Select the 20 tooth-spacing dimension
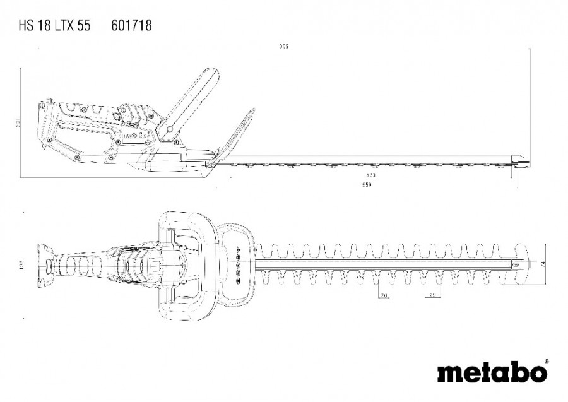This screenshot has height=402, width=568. (382, 295)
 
